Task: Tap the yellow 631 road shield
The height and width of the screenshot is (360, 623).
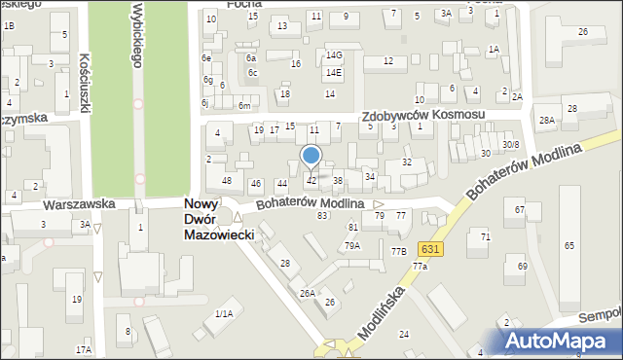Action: [431, 250]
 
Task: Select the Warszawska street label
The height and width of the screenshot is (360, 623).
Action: [80, 204]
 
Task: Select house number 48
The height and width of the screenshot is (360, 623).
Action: [226, 181]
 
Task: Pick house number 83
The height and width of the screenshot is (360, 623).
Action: [322, 215]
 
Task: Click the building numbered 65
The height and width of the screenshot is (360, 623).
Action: [568, 246]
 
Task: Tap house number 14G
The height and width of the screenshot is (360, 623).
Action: [334, 55]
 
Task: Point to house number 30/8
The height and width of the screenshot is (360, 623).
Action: [511, 145]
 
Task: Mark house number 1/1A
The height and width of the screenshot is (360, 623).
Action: [224, 313]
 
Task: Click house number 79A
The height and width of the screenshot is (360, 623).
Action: [351, 246]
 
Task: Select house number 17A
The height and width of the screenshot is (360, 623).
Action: [84, 349]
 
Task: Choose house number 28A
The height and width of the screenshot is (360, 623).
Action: [547, 121]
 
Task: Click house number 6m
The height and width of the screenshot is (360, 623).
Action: [245, 105]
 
